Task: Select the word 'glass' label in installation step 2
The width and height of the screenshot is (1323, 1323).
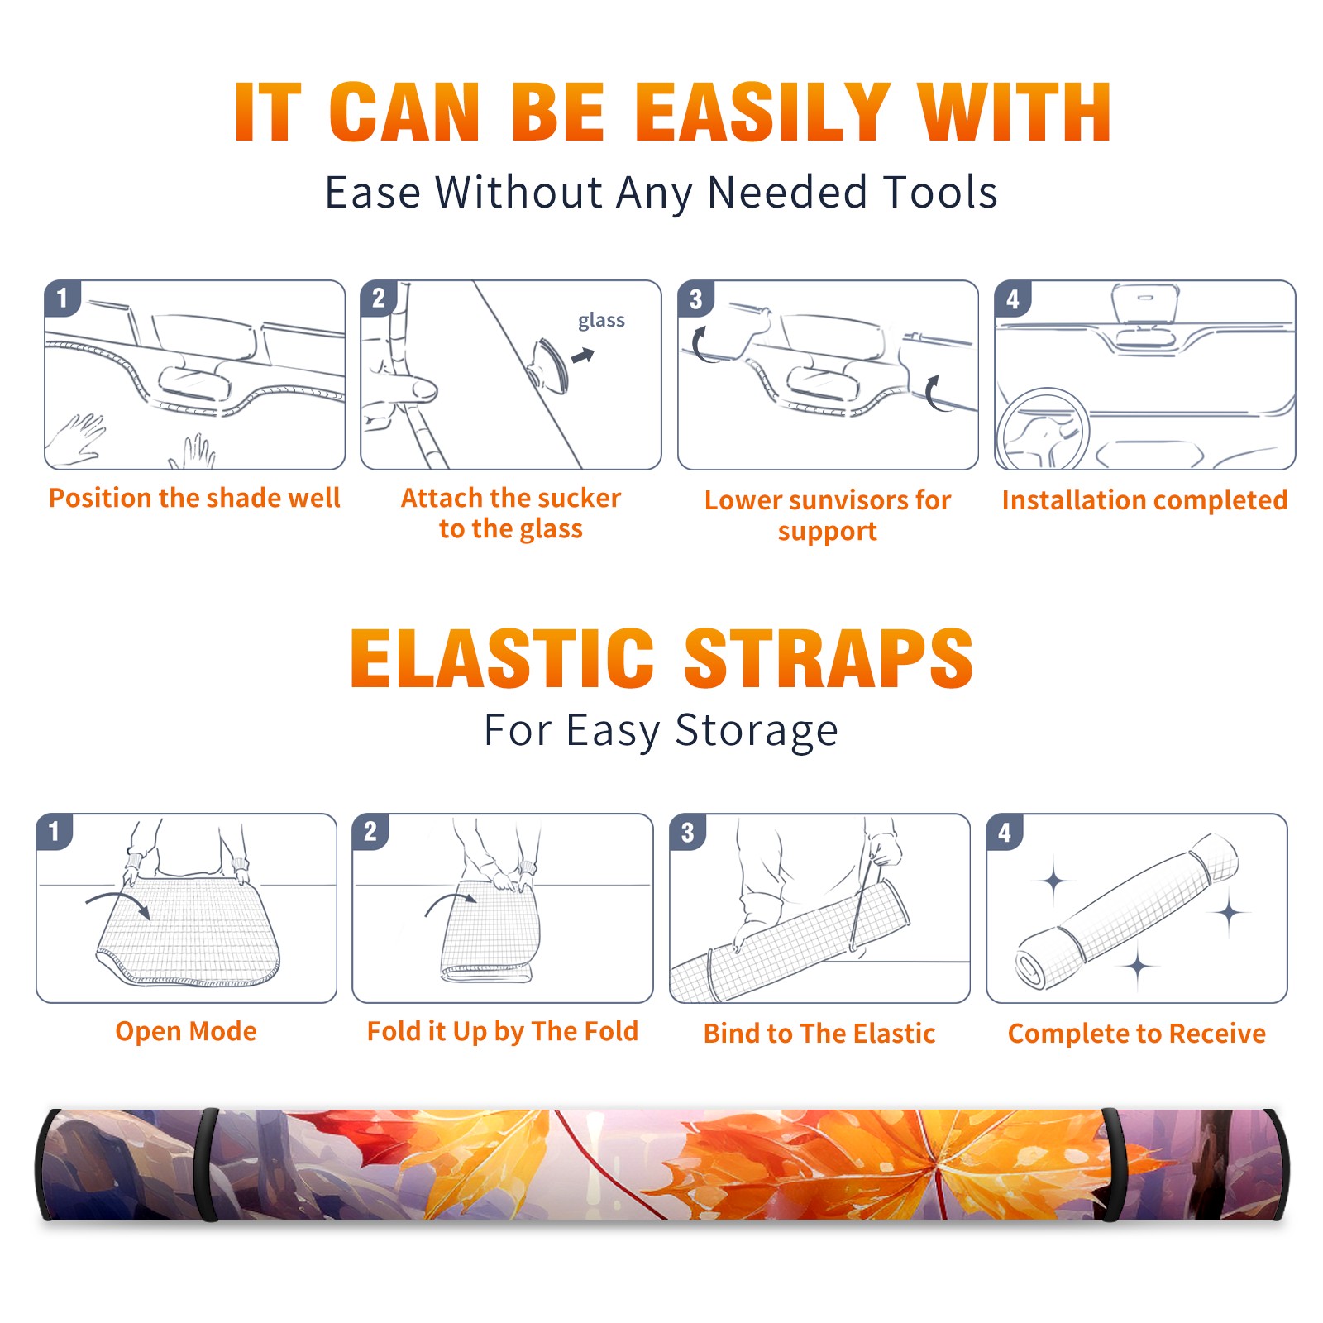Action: [601, 321]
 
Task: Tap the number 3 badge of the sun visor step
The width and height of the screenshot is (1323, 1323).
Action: [695, 299]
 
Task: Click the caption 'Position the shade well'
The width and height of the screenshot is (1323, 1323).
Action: [194, 498]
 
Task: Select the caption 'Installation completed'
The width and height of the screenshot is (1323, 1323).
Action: [1144, 500]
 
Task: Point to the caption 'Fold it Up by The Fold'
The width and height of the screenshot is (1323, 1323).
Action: [503, 1031]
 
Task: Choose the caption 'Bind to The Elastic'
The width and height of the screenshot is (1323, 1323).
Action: [819, 1034]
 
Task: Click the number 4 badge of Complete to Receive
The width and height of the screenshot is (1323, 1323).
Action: [1005, 832]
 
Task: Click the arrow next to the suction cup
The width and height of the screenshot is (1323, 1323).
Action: [583, 356]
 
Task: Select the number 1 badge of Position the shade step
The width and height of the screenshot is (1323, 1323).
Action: [62, 299]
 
